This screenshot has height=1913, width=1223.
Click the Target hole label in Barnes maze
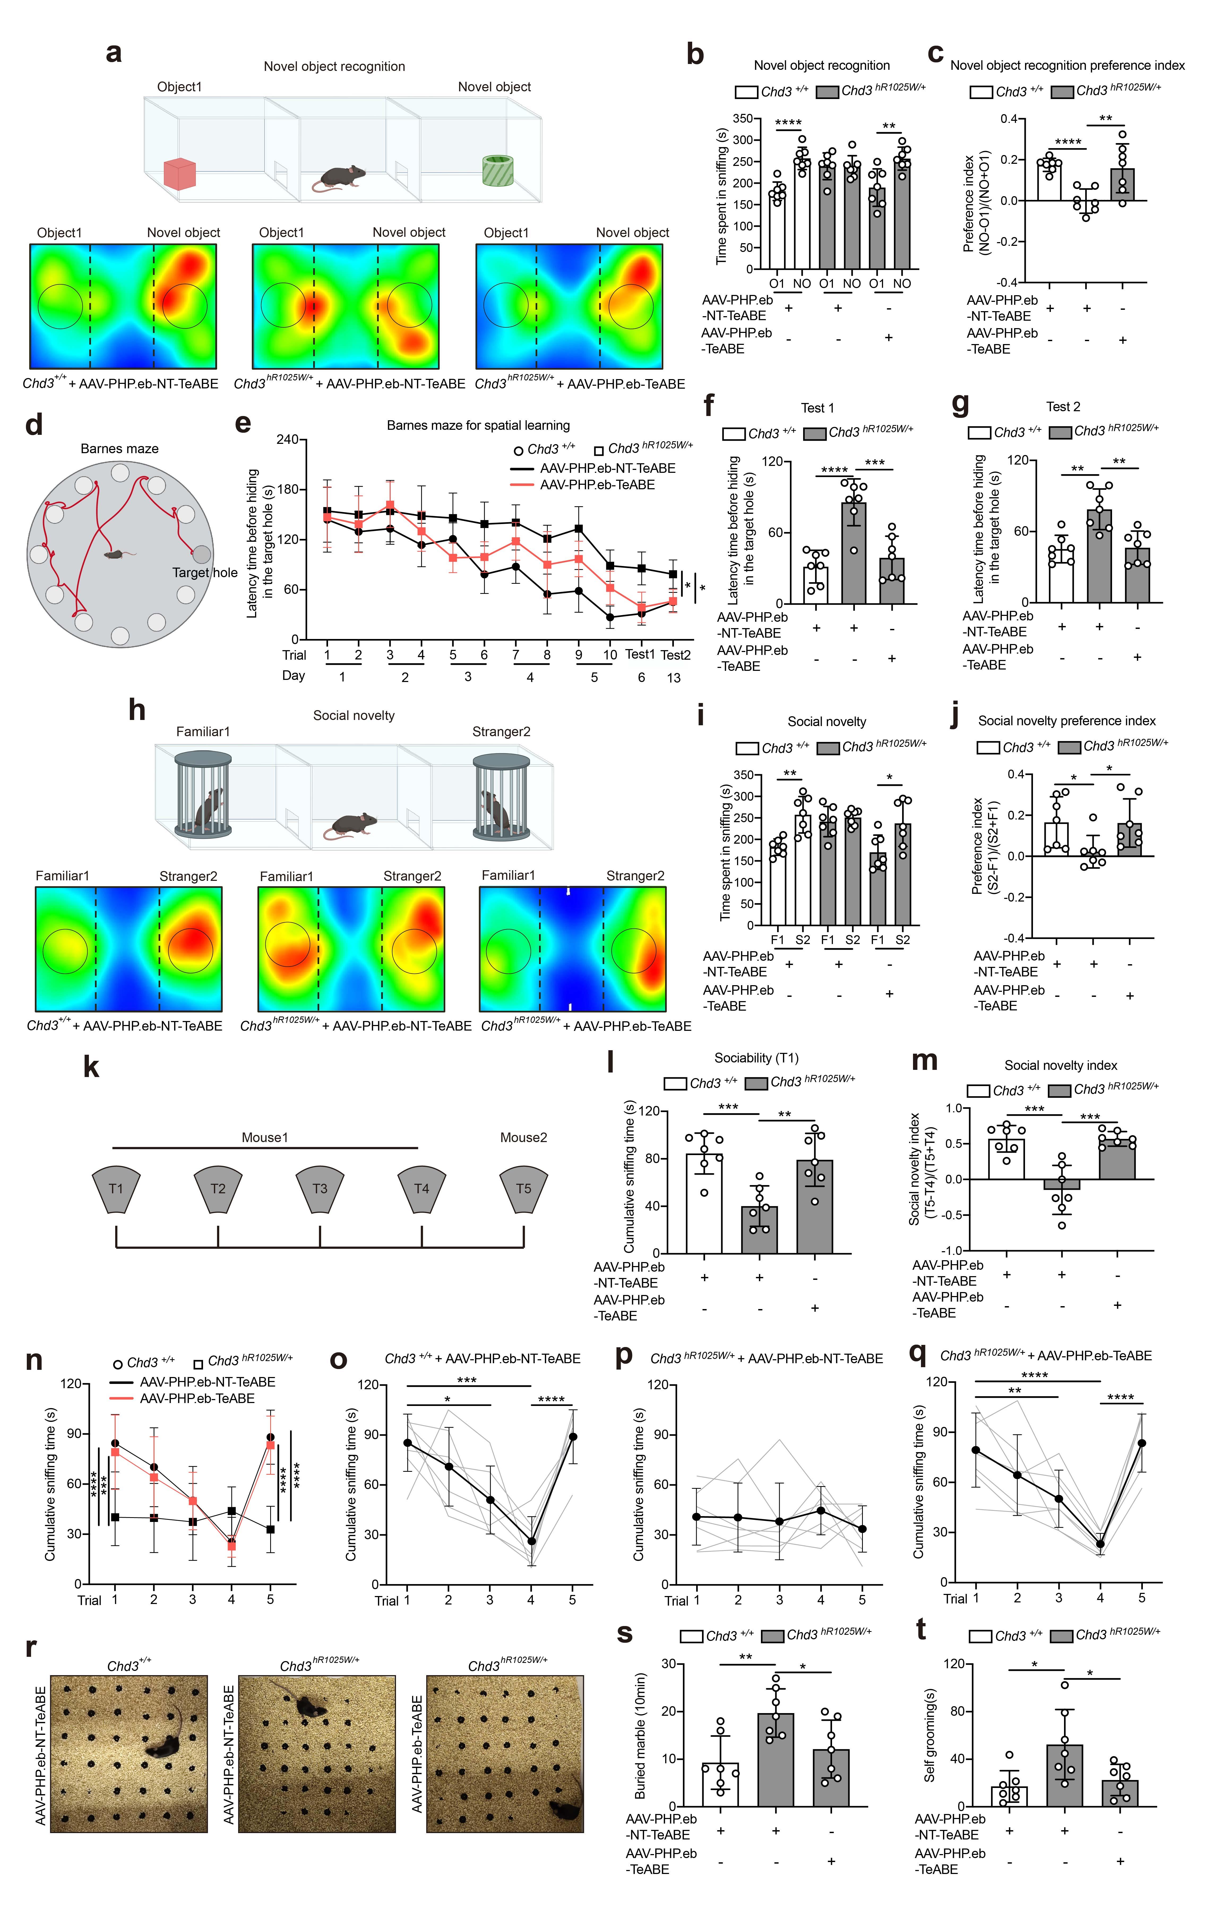click(x=205, y=573)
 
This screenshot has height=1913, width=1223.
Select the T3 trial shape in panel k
click(x=320, y=1189)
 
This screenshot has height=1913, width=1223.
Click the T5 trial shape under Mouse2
click(x=523, y=1189)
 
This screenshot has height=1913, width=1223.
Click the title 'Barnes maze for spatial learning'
click(x=478, y=426)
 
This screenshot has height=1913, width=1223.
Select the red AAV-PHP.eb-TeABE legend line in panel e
click(x=521, y=484)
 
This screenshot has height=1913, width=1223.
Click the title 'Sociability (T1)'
click(x=756, y=1058)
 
